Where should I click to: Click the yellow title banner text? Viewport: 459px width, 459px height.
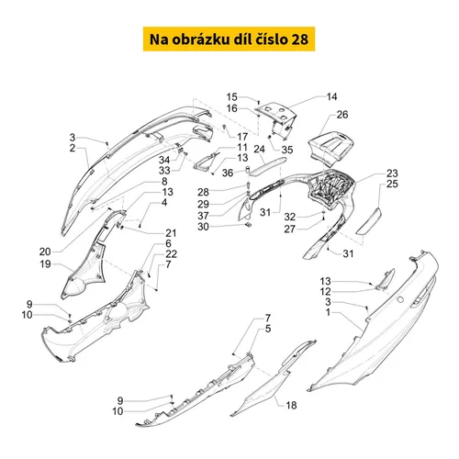coord(229,39)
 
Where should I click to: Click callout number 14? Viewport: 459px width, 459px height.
coord(331,96)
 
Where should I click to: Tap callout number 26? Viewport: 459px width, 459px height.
coord(342,115)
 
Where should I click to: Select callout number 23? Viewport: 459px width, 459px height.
coord(392,174)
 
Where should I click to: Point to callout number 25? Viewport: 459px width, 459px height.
coord(392,184)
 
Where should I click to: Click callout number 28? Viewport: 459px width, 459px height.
coord(203,192)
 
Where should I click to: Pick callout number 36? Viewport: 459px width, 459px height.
coord(228,173)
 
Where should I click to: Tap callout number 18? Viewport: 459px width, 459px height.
coord(291,405)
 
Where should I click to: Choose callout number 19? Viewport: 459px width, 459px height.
coord(45,263)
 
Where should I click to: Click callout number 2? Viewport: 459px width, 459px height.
coord(73,148)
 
